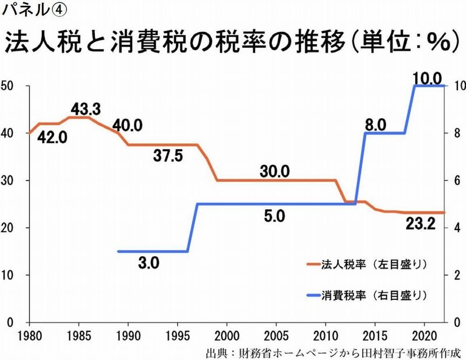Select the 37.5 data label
coord(170,156)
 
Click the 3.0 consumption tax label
coord(149,263)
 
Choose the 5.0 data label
coord(274,216)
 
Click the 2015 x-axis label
coord(375,337)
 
